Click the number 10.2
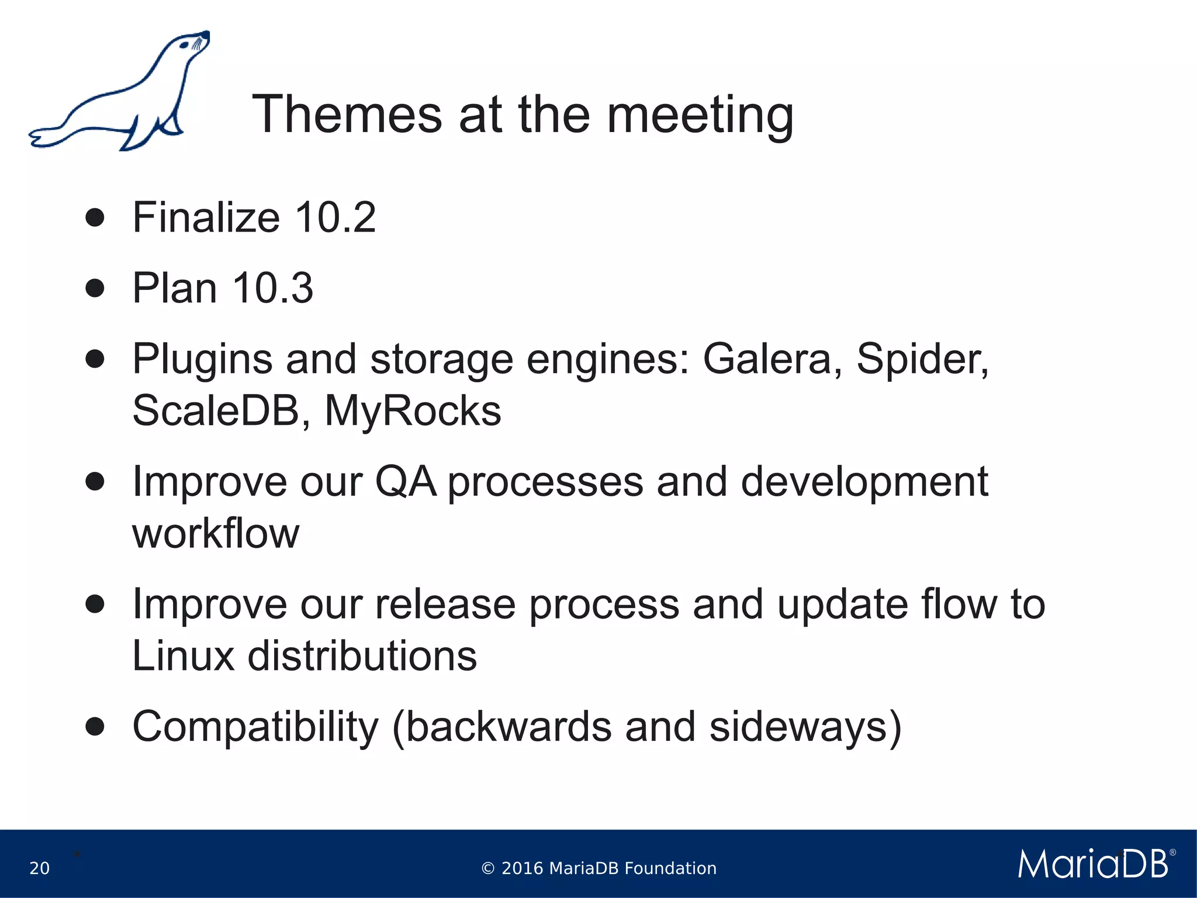(x=335, y=217)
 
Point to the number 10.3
(x=272, y=288)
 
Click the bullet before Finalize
(x=95, y=218)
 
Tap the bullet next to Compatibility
(x=95, y=727)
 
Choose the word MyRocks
(x=413, y=411)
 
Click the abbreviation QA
(x=405, y=482)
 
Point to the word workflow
(x=216, y=534)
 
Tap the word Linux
(x=183, y=656)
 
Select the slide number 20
(x=39, y=868)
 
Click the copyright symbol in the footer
(x=488, y=869)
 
